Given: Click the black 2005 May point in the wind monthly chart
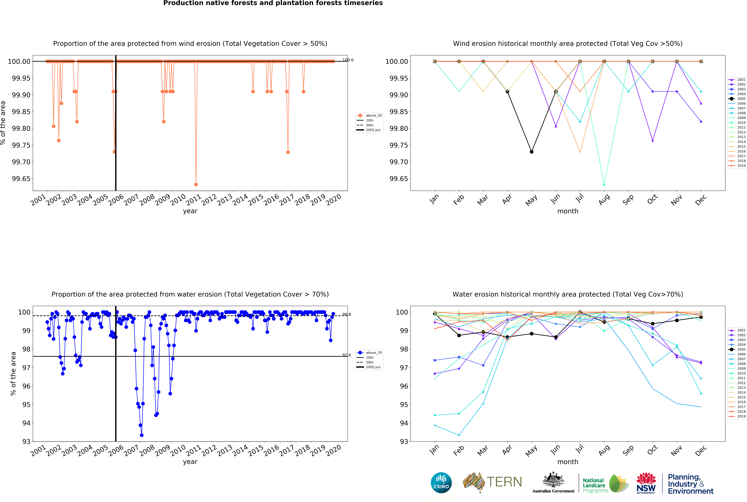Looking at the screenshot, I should pos(532,152).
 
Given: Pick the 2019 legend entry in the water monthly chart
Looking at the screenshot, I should pos(737,416).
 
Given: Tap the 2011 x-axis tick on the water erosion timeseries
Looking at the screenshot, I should pos(193,451).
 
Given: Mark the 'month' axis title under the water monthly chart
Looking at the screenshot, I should pos(568,462).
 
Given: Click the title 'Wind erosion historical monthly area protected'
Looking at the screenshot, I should pos(567,44).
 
